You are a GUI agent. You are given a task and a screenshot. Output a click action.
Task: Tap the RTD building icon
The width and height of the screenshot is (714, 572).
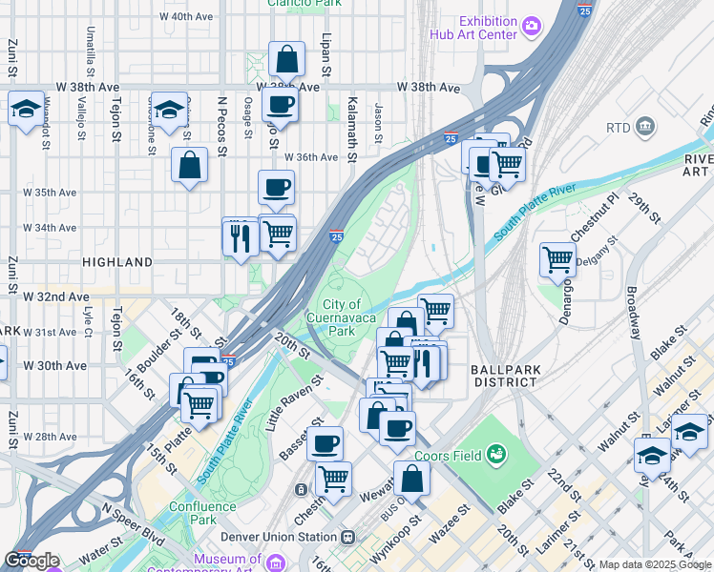click(645, 127)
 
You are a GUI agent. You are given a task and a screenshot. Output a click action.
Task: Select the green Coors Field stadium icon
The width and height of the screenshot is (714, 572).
click(495, 454)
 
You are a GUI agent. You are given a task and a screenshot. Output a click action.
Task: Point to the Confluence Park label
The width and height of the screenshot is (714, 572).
click(201, 513)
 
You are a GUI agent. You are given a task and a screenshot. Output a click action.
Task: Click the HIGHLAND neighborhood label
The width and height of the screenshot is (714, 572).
click(117, 261)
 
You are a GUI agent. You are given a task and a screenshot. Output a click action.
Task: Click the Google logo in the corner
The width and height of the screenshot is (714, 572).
click(31, 561)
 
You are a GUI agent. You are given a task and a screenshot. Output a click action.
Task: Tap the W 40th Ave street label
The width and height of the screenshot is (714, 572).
click(186, 16)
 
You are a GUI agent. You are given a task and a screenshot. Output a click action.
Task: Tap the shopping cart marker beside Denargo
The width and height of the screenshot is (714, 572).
click(557, 257)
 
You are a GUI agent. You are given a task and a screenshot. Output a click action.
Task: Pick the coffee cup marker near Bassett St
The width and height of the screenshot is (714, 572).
click(325, 442)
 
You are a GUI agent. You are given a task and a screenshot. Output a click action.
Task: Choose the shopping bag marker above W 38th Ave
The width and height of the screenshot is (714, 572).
click(286, 59)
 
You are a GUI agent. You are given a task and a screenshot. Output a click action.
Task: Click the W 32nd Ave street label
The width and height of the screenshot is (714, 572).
click(58, 296)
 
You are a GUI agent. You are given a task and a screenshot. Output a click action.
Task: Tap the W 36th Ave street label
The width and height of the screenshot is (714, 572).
click(310, 157)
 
